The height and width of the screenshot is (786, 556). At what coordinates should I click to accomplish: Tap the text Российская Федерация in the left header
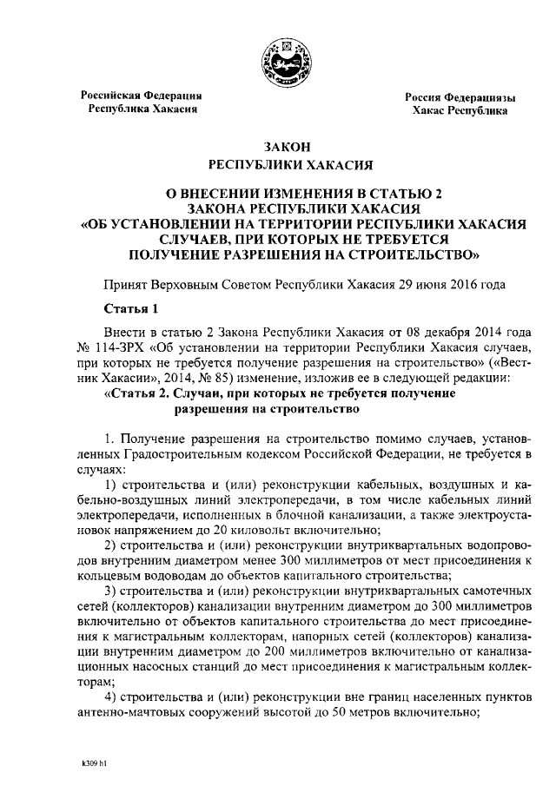pos(142,95)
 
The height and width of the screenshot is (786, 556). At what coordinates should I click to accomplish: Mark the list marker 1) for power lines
pos(110,483)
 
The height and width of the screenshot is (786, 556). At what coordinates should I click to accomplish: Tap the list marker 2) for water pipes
pos(110,545)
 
